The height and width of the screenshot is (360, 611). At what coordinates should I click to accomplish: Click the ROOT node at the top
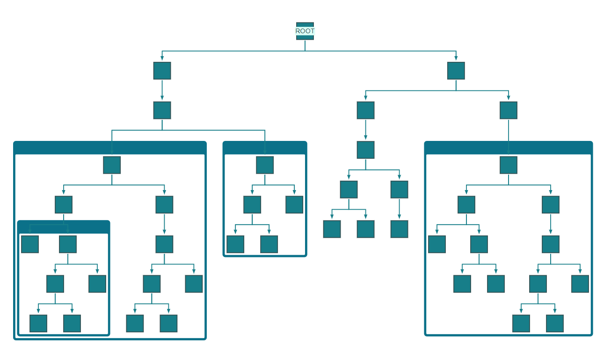[305, 31]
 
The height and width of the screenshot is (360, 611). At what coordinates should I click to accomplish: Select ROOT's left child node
[162, 71]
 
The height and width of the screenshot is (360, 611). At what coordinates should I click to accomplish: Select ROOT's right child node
[456, 71]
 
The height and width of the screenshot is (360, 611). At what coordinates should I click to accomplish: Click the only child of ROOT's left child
[162, 110]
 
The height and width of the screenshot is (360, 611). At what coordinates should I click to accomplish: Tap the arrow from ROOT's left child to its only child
[162, 90]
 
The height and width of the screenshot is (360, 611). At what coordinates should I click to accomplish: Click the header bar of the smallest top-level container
[265, 148]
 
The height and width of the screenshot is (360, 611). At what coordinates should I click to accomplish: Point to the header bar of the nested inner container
[64, 227]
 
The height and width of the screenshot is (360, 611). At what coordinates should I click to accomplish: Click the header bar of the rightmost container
[508, 148]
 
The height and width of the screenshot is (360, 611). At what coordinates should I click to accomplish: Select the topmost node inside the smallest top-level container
[265, 165]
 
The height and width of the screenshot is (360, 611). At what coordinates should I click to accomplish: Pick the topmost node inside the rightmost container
[508, 165]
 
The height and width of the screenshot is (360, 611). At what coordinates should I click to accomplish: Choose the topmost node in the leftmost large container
[112, 165]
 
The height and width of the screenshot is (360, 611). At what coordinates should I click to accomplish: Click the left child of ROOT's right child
[365, 110]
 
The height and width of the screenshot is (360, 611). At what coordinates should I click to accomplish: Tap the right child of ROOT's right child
[508, 110]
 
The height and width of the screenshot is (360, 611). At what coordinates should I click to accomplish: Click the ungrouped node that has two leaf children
[349, 190]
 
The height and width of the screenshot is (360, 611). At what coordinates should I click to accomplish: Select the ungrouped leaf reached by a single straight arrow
[399, 229]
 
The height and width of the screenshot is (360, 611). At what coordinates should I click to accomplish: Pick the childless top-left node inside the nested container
[30, 244]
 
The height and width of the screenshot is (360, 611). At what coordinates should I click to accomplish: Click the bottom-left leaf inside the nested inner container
[38, 323]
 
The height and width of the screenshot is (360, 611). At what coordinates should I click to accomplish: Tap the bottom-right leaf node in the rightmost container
[554, 323]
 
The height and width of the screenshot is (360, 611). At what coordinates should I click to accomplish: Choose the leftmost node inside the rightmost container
[436, 244]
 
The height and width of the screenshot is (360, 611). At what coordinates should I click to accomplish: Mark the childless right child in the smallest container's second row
[294, 205]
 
